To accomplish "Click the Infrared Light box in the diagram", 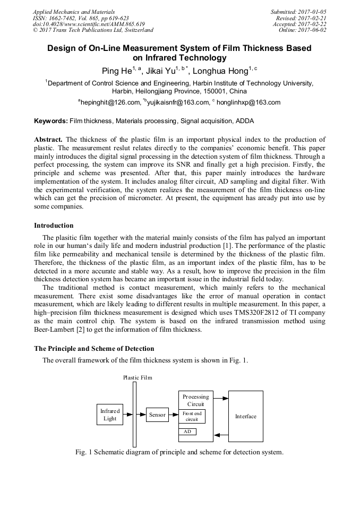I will tap(110, 415).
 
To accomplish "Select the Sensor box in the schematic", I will tap(157, 415).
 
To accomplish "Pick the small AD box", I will tap(187, 432).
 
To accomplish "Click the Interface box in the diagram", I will tap(245, 416).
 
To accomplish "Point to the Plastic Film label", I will tap(138, 377).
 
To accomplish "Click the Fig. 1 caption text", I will tap(179, 452).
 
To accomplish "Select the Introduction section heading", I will tap(54, 226).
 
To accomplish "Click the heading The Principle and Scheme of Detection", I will tap(94, 348).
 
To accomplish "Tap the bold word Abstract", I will tap(48, 139).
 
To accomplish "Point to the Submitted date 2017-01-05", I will tap(308, 12).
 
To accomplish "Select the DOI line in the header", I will tap(89, 24).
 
